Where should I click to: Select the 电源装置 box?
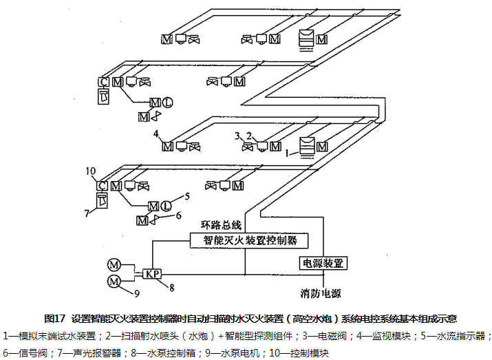[x=322, y=263]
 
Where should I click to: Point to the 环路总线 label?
[x=221, y=225]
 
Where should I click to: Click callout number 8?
[x=172, y=286]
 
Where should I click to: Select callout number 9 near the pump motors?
[x=136, y=294]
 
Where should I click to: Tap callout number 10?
[x=91, y=170]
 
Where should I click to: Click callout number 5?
[x=186, y=196]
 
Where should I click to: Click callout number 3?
[x=238, y=135]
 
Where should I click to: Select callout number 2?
[x=250, y=135]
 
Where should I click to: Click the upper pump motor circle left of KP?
[x=114, y=265]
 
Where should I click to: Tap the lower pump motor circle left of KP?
[x=114, y=280]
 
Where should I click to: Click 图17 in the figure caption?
[x=54, y=319]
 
